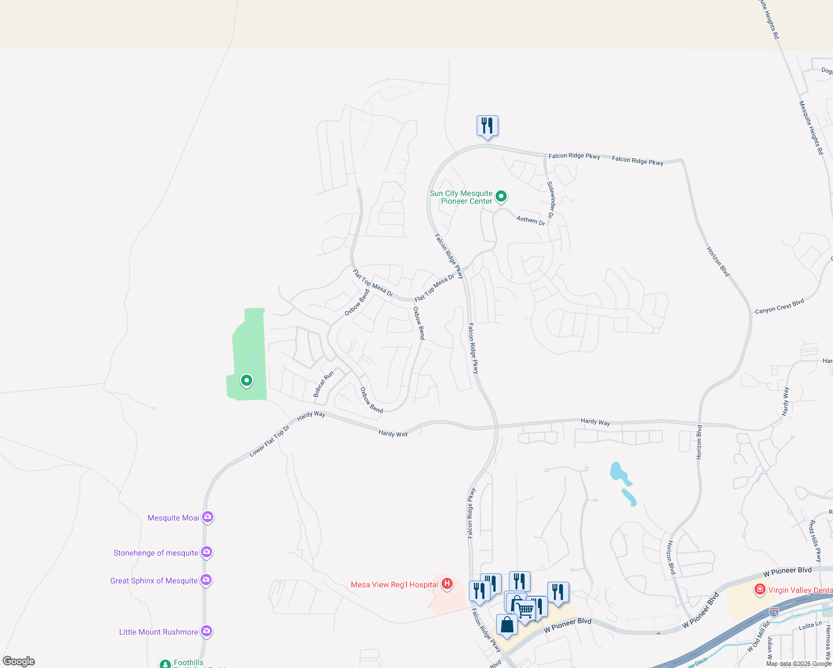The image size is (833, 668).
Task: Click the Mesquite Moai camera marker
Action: click(207, 517)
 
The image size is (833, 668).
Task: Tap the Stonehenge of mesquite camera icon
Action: click(207, 552)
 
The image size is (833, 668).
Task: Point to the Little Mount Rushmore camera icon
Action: click(207, 631)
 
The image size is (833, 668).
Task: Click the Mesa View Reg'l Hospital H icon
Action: click(447, 584)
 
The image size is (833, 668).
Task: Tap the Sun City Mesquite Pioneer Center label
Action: click(461, 197)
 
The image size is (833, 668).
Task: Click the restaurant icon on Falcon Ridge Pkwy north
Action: click(487, 126)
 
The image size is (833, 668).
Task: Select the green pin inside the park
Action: click(246, 381)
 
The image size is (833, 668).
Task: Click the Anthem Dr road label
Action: click(531, 220)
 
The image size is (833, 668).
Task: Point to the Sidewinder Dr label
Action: click(551, 199)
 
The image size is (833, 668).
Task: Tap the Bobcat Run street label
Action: click(323, 384)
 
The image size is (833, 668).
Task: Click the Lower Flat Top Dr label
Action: click(269, 441)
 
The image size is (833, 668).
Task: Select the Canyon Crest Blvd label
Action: click(779, 306)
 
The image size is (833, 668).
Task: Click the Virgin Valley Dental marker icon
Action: click(759, 589)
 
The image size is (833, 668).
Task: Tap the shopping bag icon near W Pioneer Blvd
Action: click(507, 625)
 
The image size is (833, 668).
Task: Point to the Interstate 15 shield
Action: click(773, 611)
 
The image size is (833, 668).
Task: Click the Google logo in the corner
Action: click(19, 661)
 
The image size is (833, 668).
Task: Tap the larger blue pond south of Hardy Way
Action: click(618, 472)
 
